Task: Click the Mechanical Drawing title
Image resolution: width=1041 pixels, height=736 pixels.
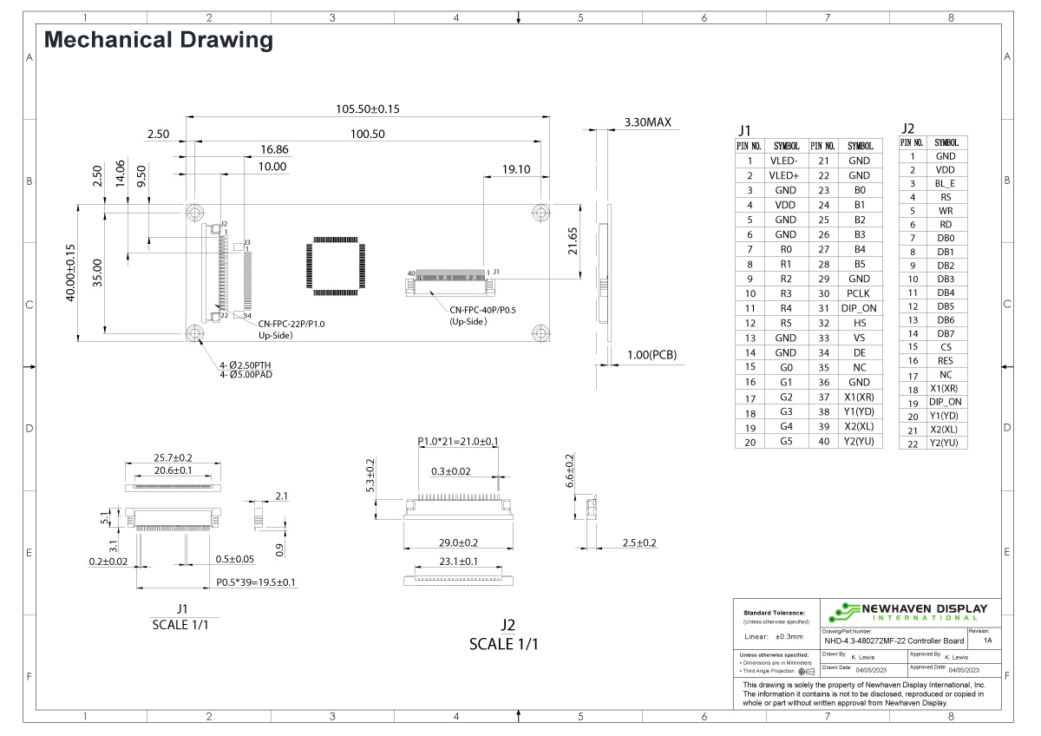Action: pos(158,40)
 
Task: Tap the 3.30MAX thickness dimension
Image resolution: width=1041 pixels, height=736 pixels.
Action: pos(648,122)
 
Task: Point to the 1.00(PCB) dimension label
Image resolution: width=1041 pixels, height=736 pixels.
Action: pos(651,354)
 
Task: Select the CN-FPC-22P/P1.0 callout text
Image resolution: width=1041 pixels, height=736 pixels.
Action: pos(291,323)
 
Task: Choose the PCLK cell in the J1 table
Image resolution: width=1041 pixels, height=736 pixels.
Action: pos(859,293)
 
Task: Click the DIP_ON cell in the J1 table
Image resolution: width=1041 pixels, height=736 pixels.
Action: pos(859,308)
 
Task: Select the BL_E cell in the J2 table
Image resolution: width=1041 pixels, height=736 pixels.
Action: pos(946,184)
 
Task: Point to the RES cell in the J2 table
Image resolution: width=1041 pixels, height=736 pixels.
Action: pos(946,361)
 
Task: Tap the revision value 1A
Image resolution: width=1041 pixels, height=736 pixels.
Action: pos(988,641)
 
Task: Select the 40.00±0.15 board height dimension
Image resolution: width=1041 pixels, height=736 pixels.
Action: pos(71,272)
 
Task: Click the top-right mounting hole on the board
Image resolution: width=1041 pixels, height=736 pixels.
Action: pos(540,212)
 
